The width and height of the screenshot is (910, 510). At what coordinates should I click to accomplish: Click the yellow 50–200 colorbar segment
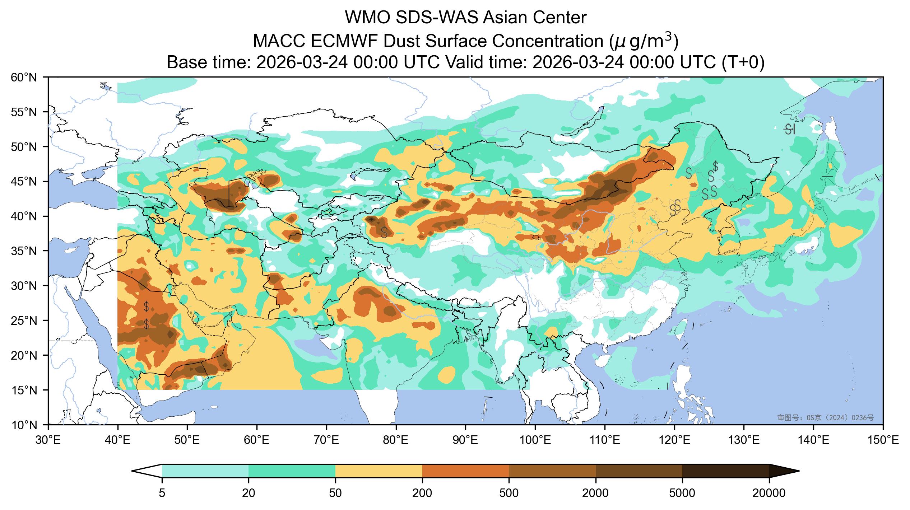pos(379,471)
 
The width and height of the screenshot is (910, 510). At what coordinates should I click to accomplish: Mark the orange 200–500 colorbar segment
pos(466,471)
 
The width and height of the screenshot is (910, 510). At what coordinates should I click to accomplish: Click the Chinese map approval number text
pos(825,418)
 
